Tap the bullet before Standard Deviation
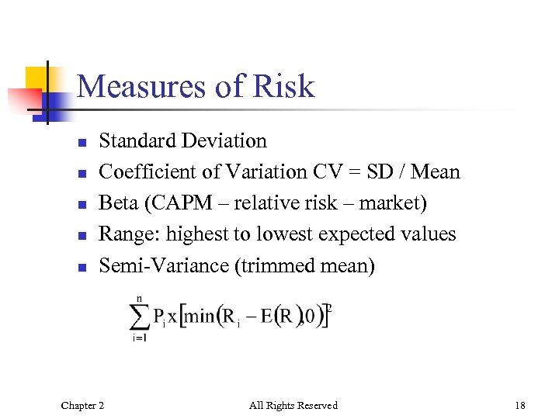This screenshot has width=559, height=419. (x=80, y=142)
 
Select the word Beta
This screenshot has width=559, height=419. (x=116, y=203)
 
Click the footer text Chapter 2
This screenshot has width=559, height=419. (x=83, y=405)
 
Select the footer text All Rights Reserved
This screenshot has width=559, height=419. (x=293, y=405)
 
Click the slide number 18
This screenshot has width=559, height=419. (x=519, y=405)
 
